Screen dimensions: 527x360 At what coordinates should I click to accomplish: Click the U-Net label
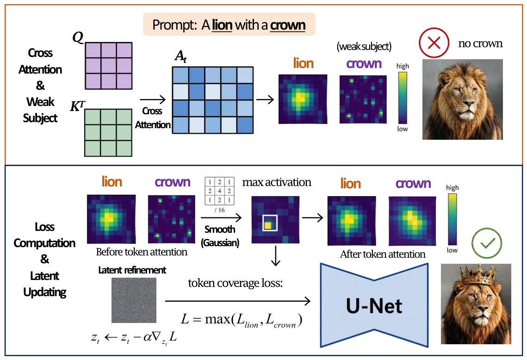click(x=374, y=306)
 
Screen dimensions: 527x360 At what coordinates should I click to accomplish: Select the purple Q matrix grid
click(x=109, y=66)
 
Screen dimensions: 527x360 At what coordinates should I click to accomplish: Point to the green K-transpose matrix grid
click(x=108, y=133)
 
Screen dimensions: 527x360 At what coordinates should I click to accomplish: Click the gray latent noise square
click(x=134, y=300)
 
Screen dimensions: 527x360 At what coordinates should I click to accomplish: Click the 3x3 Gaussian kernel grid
click(x=219, y=191)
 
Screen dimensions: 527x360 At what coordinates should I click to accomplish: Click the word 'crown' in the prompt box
click(x=288, y=25)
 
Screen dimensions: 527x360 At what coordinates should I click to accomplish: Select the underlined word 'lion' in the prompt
click(x=222, y=25)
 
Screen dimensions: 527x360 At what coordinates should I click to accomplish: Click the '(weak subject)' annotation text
click(x=364, y=46)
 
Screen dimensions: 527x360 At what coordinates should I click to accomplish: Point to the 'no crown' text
click(x=480, y=43)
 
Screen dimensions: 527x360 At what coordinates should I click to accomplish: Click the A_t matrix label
click(x=180, y=56)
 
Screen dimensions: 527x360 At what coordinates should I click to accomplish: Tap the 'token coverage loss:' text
click(x=235, y=283)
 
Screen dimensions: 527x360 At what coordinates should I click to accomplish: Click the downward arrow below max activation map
click(x=276, y=256)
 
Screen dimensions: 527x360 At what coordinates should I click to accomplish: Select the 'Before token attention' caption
click(x=142, y=252)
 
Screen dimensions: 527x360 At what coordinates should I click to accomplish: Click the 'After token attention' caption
click(x=383, y=254)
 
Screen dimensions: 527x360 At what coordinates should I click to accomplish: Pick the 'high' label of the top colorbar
click(x=403, y=66)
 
